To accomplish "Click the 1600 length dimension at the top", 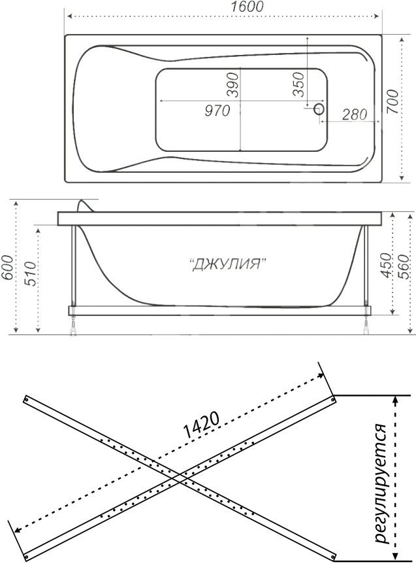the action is (247, 7).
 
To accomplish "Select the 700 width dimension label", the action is (392, 102).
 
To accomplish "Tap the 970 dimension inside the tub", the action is (217, 111).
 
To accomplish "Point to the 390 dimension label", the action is (232, 85).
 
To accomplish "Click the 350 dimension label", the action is (298, 84).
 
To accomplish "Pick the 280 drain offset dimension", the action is (355, 115).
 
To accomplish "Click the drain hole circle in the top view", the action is (319, 109).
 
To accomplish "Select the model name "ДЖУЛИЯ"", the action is (227, 264).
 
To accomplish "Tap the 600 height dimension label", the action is (7, 267).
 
